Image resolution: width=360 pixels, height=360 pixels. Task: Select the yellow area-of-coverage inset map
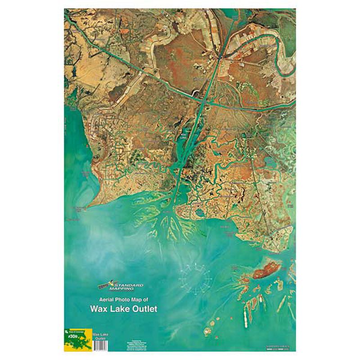coord(78,341)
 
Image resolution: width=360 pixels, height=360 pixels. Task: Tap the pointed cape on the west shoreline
coord(90,205)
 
